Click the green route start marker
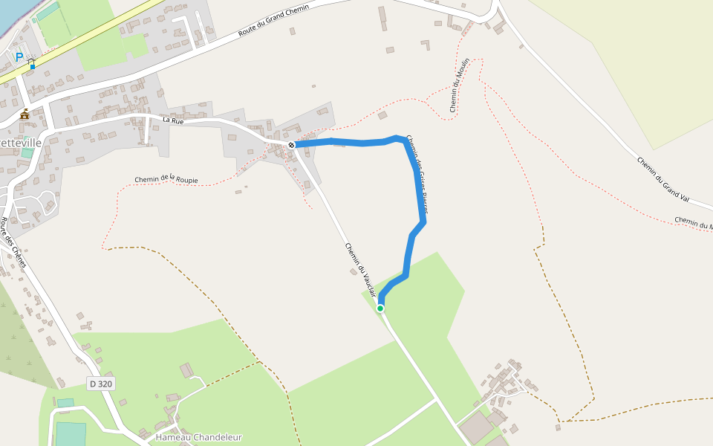[380, 308]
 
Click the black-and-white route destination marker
[292, 145]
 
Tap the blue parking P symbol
[19, 56]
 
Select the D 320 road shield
[101, 384]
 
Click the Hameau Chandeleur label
[199, 437]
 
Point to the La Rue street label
[172, 120]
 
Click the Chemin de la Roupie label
[166, 178]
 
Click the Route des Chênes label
[13, 242]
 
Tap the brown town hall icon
[25, 114]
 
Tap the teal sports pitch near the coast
[48, 12]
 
